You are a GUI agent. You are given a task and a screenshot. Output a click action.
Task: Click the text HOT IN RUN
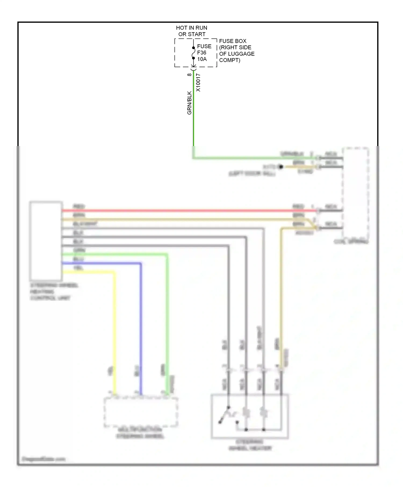click(x=191, y=28)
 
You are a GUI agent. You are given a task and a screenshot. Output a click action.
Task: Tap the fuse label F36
click(x=201, y=53)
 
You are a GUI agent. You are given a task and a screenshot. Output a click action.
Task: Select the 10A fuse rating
click(x=202, y=59)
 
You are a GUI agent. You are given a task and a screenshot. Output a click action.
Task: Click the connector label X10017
click(x=198, y=83)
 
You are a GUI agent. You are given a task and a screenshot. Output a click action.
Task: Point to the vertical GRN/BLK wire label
click(x=189, y=103)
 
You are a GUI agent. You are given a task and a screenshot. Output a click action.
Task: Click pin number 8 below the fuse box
click(x=189, y=75)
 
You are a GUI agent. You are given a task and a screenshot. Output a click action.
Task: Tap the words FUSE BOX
click(x=233, y=41)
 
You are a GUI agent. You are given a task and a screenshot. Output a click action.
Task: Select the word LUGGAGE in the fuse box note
click(x=240, y=54)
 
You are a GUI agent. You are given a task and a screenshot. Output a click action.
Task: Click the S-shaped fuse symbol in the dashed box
click(x=193, y=53)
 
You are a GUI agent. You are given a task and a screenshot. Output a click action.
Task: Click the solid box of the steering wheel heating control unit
click(x=46, y=241)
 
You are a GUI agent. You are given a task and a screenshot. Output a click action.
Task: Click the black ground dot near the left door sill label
click(x=281, y=167)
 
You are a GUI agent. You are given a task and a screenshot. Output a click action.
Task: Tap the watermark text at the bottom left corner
click(x=44, y=459)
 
